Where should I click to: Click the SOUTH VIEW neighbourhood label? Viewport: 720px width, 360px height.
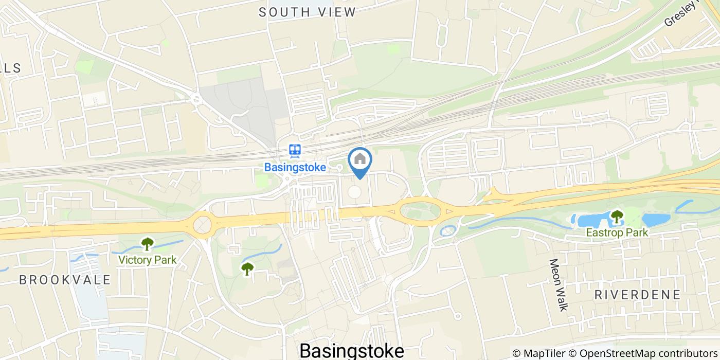pos(307,12)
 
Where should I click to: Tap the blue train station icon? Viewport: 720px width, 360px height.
pos(295,151)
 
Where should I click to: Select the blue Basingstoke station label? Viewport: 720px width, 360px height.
pos(295,167)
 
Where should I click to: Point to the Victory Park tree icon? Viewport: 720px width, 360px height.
pos(148,243)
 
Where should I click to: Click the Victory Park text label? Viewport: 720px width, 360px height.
pos(148,260)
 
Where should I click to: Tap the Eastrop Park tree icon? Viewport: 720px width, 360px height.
pos(617,217)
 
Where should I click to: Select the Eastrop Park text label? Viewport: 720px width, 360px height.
pos(617,232)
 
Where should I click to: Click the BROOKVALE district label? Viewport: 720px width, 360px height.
pos(65,280)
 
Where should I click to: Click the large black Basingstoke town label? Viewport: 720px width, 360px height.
pos(351,351)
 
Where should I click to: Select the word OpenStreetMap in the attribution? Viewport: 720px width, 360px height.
pos(612,353)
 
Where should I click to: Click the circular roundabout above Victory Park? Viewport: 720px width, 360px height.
pos(202,224)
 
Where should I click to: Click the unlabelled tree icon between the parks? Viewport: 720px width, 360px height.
pos(247,268)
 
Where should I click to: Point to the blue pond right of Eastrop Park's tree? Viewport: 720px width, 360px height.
pos(656,220)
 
